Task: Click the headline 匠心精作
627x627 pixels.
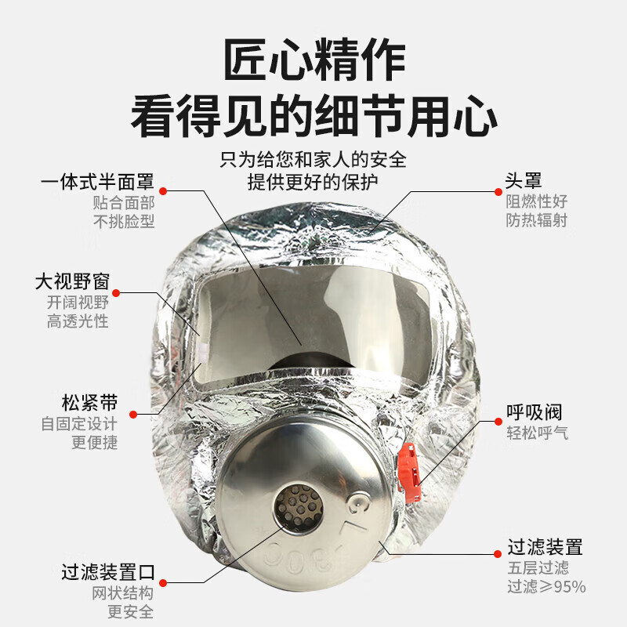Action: pyautogui.click(x=314, y=60)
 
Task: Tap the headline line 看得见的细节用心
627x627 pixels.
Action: pyautogui.click(x=314, y=116)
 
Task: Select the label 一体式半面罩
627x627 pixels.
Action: pyautogui.click(x=97, y=182)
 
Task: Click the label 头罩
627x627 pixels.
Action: pyautogui.click(x=524, y=181)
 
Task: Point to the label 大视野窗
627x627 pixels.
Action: pyautogui.click(x=72, y=281)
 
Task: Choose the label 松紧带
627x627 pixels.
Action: pyautogui.click(x=90, y=403)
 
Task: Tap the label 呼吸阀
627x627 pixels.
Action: pyautogui.click(x=535, y=412)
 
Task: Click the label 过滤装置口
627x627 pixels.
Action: pyautogui.click(x=108, y=572)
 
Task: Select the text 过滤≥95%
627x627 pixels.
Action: pyautogui.click(x=546, y=586)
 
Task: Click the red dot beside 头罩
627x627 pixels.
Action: pyautogui.click(x=498, y=192)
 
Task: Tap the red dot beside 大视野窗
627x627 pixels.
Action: pyautogui.click(x=116, y=293)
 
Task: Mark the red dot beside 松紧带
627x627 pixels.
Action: pyautogui.click(x=133, y=415)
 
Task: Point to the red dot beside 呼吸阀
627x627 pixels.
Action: pyautogui.click(x=498, y=422)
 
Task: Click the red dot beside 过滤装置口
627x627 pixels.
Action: pyautogui.click(x=163, y=583)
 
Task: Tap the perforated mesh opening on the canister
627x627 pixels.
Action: pyautogui.click(x=299, y=508)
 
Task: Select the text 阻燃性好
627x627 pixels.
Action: pyautogui.click(x=537, y=201)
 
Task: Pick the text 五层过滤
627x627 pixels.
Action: pyautogui.click(x=538, y=567)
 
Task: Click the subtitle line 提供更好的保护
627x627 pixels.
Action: pyautogui.click(x=313, y=183)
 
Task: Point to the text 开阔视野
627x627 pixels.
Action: pyautogui.click(x=78, y=303)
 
